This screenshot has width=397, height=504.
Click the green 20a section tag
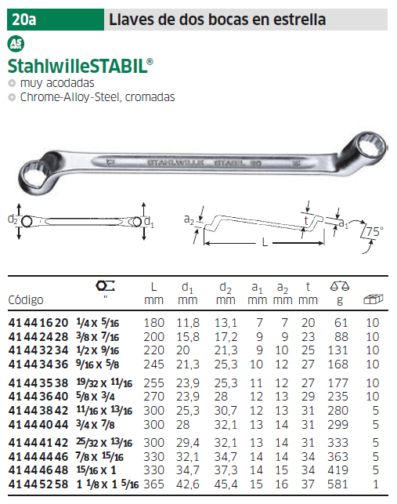coord(56,20)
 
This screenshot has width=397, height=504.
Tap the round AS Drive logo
coord(16,44)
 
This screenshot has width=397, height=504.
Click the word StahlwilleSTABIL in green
coord(81,66)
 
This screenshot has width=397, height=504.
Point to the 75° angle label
coord(375,231)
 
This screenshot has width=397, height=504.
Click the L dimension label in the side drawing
coord(265,242)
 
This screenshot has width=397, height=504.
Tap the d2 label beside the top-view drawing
coord(13,219)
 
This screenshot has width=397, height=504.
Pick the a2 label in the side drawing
coord(189,219)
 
